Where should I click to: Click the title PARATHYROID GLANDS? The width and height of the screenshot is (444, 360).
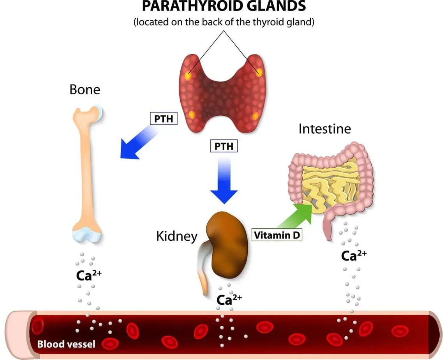click(224, 7)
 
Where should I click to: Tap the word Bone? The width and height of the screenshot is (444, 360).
click(85, 90)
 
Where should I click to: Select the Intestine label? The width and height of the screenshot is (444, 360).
click(324, 129)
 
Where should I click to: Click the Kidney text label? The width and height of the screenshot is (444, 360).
click(176, 236)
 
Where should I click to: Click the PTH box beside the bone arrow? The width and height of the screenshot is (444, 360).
click(164, 118)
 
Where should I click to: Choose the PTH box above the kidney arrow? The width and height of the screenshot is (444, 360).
click(224, 146)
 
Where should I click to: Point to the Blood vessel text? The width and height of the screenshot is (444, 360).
click(66, 344)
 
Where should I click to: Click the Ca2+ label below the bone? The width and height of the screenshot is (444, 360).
click(89, 275)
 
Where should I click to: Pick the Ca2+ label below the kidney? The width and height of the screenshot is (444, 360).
click(229, 300)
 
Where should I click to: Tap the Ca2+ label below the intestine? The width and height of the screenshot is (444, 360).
click(353, 256)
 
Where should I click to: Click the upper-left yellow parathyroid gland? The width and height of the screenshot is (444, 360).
click(188, 76)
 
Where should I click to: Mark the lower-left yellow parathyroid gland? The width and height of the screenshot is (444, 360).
click(192, 115)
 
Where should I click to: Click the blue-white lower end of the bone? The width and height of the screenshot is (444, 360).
click(87, 235)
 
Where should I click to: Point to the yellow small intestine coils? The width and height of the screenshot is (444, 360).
click(331, 183)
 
